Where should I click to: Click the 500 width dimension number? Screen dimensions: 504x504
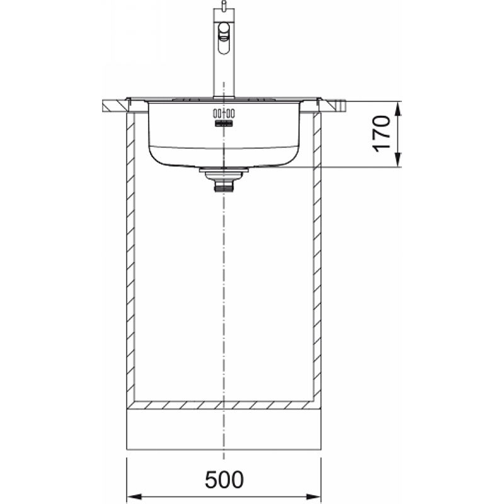[224, 480]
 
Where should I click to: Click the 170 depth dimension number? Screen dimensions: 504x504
[381, 134]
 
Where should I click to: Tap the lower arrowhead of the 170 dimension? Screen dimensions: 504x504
[398, 160]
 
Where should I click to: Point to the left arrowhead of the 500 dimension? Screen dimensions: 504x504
[134, 496]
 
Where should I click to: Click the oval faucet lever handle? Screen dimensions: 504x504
[224, 38]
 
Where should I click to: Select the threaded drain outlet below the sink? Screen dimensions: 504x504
[224, 186]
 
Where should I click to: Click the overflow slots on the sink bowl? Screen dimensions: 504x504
[224, 113]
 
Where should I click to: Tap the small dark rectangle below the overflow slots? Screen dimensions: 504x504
[224, 123]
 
